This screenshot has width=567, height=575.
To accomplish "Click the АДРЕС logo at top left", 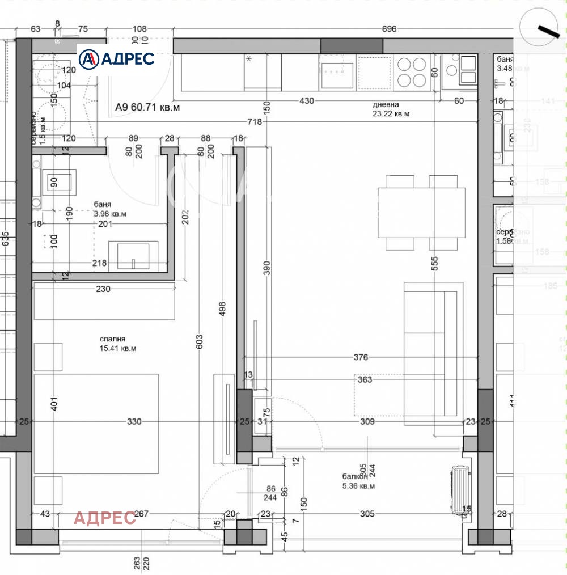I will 116,58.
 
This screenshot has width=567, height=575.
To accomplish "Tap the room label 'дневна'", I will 386,105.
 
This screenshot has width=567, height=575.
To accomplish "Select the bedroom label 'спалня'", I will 113,339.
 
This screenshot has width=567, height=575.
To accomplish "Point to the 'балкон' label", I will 350,477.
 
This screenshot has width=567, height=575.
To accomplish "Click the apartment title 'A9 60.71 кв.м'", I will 147,107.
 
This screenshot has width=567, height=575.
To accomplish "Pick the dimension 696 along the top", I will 389,29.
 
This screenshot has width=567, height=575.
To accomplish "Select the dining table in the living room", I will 421,212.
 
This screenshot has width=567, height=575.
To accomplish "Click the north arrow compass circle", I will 539,27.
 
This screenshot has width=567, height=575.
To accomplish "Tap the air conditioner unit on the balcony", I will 459,489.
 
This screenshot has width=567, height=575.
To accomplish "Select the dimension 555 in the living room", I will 434,264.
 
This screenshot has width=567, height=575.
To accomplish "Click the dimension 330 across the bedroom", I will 134,421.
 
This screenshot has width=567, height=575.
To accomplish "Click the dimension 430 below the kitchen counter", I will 306,100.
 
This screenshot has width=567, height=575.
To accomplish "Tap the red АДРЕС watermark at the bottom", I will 105,517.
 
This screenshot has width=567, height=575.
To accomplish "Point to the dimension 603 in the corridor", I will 199,340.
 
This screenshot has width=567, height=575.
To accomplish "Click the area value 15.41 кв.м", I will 118,348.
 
